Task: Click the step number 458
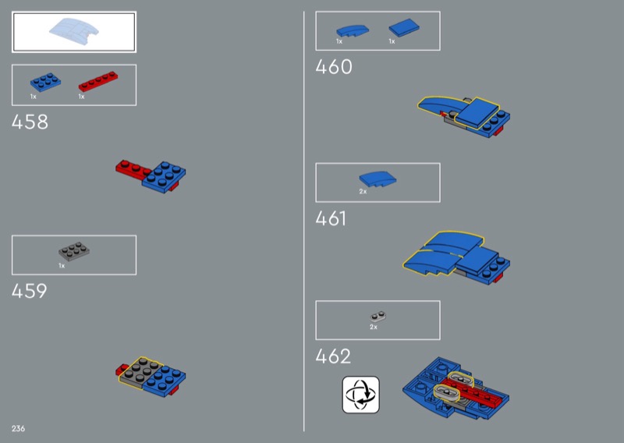point(30,122)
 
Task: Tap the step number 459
point(30,291)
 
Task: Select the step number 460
point(334,66)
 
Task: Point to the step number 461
point(331,218)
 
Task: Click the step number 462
point(333,356)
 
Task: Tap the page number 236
point(18,429)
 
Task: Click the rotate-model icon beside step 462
point(361,395)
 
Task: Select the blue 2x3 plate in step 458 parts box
point(45,82)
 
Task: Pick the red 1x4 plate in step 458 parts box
point(98,81)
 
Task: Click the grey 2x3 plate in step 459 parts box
point(74,252)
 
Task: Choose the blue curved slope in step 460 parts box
point(353,31)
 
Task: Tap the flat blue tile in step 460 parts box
point(404,28)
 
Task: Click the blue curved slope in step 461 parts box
point(378,179)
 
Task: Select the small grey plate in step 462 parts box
point(378,317)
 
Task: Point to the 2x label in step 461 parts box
point(363,191)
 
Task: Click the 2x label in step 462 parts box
point(374,327)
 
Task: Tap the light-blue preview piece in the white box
point(74,31)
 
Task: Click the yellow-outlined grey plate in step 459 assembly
point(140,373)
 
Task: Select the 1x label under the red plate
point(81,97)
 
